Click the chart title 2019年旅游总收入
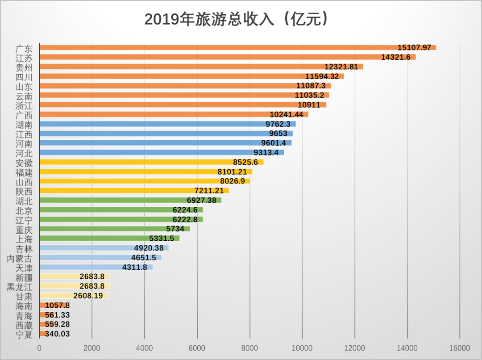[x=237, y=19]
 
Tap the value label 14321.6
[x=395, y=57]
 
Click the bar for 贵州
[x=201, y=67]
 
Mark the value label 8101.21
[x=232, y=172]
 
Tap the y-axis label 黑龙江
[x=20, y=286]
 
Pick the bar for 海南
[x=43, y=306]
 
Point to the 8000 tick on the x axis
[x=249, y=348]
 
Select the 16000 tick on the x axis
[x=460, y=348]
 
